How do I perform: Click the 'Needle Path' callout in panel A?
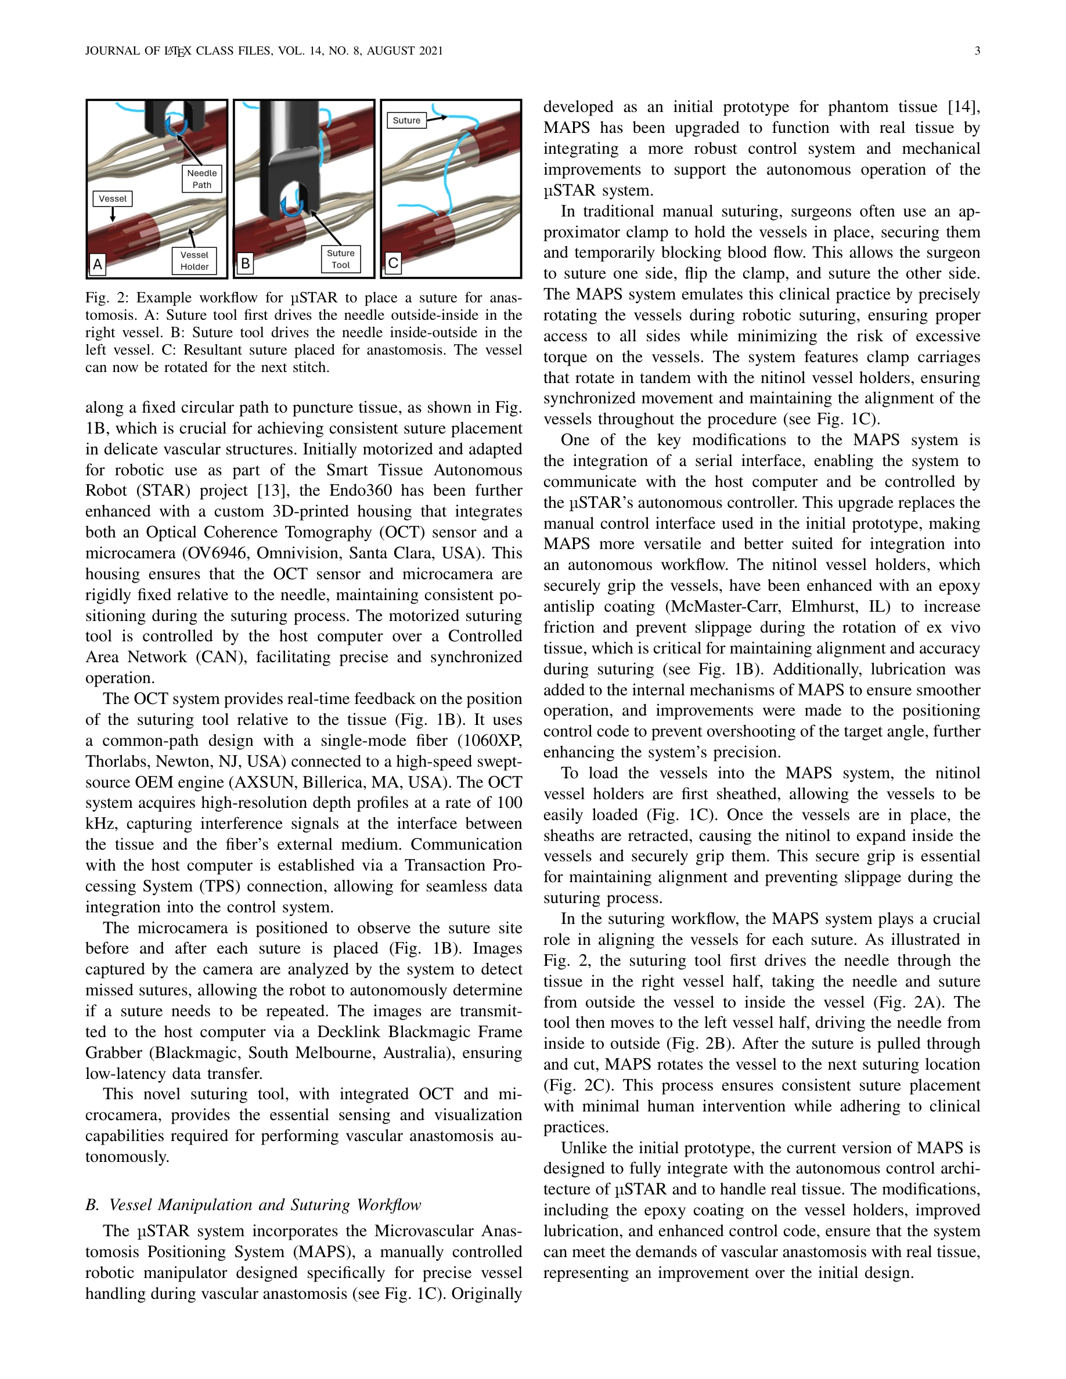[201, 179]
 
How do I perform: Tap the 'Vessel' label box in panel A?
[113, 198]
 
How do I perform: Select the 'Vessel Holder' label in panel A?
[194, 261]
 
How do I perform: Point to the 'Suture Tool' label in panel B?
[340, 259]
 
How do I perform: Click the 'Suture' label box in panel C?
[406, 120]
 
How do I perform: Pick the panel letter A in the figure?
[98, 264]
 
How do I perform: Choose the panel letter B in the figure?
[245, 263]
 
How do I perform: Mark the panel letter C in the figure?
[393, 263]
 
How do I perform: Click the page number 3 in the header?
[977, 50]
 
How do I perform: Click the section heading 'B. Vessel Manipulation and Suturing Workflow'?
[253, 1205]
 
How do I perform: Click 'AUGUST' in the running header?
[390, 50]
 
